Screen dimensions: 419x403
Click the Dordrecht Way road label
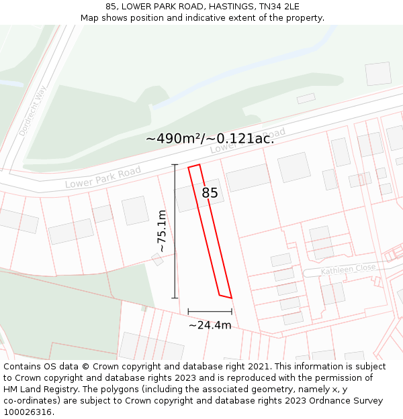pos(31,114)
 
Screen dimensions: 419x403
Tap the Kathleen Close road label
pos(348,268)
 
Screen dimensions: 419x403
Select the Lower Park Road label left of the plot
pos(103,177)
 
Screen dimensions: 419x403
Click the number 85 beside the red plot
pos(210,193)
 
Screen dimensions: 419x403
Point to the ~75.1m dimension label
pos(162,231)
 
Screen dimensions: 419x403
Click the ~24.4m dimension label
pos(210,325)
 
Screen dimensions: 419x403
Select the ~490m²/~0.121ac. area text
pos(210,139)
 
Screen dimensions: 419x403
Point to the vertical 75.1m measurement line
pos(175,231)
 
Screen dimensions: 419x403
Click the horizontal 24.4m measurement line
pos(210,311)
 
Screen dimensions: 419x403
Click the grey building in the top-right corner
pos(378,74)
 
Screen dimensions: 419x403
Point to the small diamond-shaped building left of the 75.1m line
pos(157,259)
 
